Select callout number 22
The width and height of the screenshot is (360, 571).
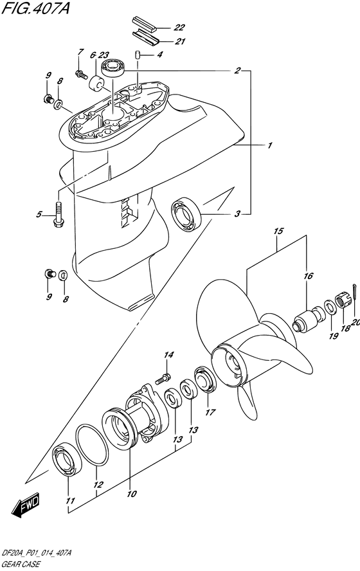coord(179,28)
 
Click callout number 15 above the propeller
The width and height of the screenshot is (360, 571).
coord(278,230)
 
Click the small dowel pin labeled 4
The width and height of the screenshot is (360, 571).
coord(138,55)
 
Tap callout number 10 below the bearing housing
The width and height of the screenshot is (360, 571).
coord(132,494)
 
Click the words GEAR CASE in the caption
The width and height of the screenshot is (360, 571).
coord(24,564)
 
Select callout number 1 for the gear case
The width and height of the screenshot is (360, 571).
coord(269,146)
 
